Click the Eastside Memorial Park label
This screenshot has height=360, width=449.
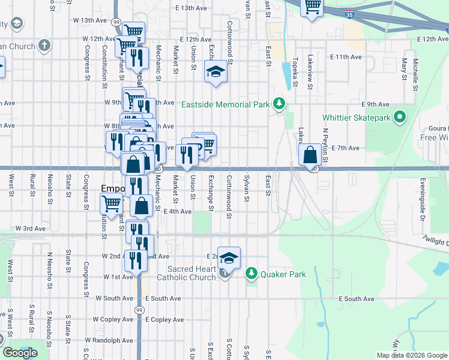[226, 104]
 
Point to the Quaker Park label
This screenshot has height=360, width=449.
[283, 275]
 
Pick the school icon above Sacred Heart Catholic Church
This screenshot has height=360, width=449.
[229, 258]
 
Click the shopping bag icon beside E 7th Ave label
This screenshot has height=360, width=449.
[310, 155]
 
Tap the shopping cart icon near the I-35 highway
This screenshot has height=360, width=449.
[312, 7]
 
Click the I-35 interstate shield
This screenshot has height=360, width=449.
[349, 13]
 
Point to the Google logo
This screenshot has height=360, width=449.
[20, 353]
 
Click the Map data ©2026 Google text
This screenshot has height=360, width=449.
[412, 355]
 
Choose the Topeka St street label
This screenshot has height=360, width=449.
[295, 73]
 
